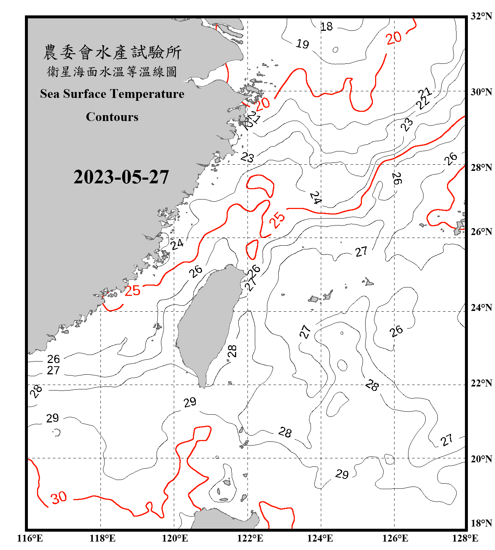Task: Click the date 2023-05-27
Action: point(121,177)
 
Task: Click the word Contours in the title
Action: point(112,117)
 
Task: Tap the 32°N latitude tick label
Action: point(481,16)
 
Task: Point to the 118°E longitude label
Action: point(102,538)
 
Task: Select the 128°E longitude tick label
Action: point(465,538)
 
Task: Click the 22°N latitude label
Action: point(481,383)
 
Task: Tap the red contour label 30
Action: point(59,498)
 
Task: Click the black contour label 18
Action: point(326,26)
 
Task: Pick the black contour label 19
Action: point(302,44)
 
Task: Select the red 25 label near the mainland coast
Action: point(132,291)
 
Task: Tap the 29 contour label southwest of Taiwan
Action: point(190,402)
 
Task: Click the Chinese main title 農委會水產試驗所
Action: point(112,52)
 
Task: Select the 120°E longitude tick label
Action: point(175,538)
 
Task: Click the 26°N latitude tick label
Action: point(481,232)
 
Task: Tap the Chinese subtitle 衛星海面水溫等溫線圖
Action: point(112,71)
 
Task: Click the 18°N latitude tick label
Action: point(481,523)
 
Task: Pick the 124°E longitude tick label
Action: point(320,538)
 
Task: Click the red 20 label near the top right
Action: point(394,38)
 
